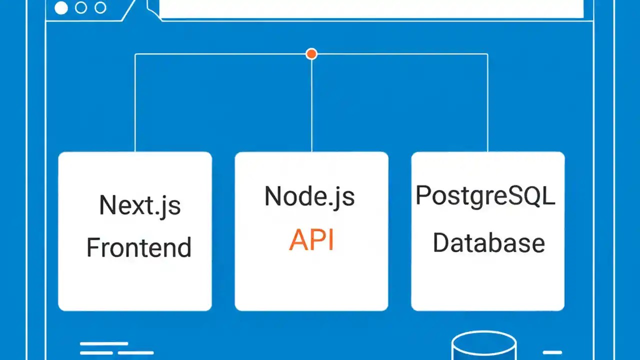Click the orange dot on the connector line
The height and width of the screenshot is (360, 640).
coord(311,54)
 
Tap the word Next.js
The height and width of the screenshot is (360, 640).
coord(139,205)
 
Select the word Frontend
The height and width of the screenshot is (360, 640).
coord(139,247)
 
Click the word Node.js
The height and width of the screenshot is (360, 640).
coord(309,196)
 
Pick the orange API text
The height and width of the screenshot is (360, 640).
coord(311,240)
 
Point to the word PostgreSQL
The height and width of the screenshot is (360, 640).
coord(485,196)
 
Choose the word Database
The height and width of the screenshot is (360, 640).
coord(488,242)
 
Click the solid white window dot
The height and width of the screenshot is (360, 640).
coord(61,8)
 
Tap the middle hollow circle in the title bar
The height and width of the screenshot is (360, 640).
coord(80,8)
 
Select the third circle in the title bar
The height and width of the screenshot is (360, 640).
coord(100,8)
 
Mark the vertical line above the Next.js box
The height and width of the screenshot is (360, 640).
coord(135,102)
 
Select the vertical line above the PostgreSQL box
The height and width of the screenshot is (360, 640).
coord(487,102)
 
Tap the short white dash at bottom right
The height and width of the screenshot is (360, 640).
coord(552,352)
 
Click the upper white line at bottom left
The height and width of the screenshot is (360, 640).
coord(104,344)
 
